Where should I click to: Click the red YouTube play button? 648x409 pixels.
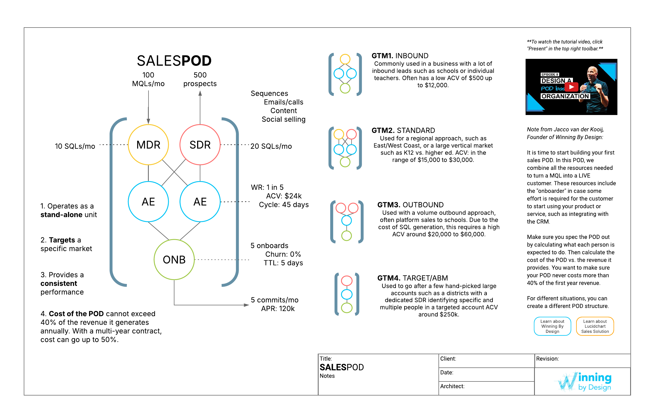[x=571, y=87]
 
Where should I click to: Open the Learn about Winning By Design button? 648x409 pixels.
[x=552, y=326]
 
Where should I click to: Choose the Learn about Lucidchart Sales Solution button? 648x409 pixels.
[x=595, y=326]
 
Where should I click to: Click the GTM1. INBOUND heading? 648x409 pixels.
[x=400, y=56]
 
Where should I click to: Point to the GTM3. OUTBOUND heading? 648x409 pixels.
[x=410, y=205]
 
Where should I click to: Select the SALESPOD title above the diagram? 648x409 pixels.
[x=174, y=61]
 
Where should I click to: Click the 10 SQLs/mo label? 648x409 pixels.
[x=75, y=146]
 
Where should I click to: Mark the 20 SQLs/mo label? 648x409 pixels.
[x=271, y=146]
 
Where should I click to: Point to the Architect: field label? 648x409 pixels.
[x=452, y=386]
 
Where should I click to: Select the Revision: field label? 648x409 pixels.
[x=548, y=359]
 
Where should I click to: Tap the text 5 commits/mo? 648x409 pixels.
[x=275, y=300]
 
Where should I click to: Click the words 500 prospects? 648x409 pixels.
[x=200, y=79]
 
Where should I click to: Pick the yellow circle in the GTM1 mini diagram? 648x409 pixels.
[x=345, y=59]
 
